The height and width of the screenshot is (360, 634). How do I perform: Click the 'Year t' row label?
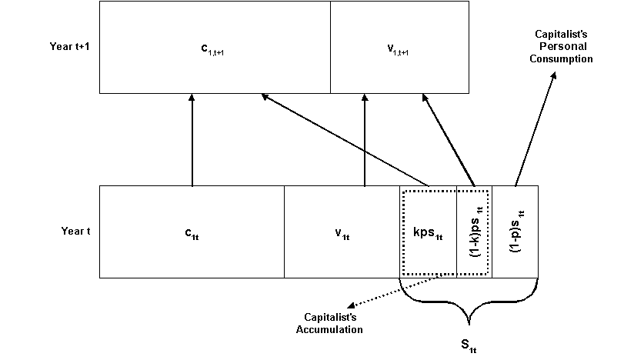(76, 231)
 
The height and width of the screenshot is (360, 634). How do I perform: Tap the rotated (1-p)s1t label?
(515, 231)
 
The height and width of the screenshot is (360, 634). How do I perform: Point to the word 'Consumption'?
(564, 58)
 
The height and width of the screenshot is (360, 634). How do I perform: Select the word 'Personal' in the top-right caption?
(564, 47)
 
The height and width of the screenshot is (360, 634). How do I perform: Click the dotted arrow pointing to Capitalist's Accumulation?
(392, 292)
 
